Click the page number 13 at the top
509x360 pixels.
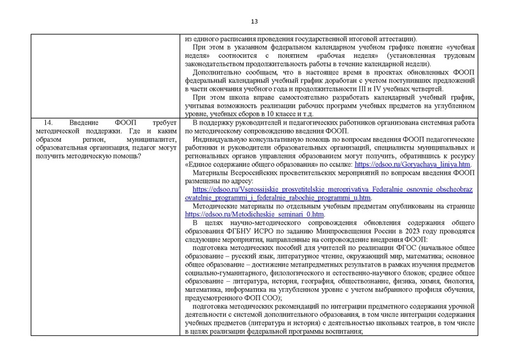(253, 18)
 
